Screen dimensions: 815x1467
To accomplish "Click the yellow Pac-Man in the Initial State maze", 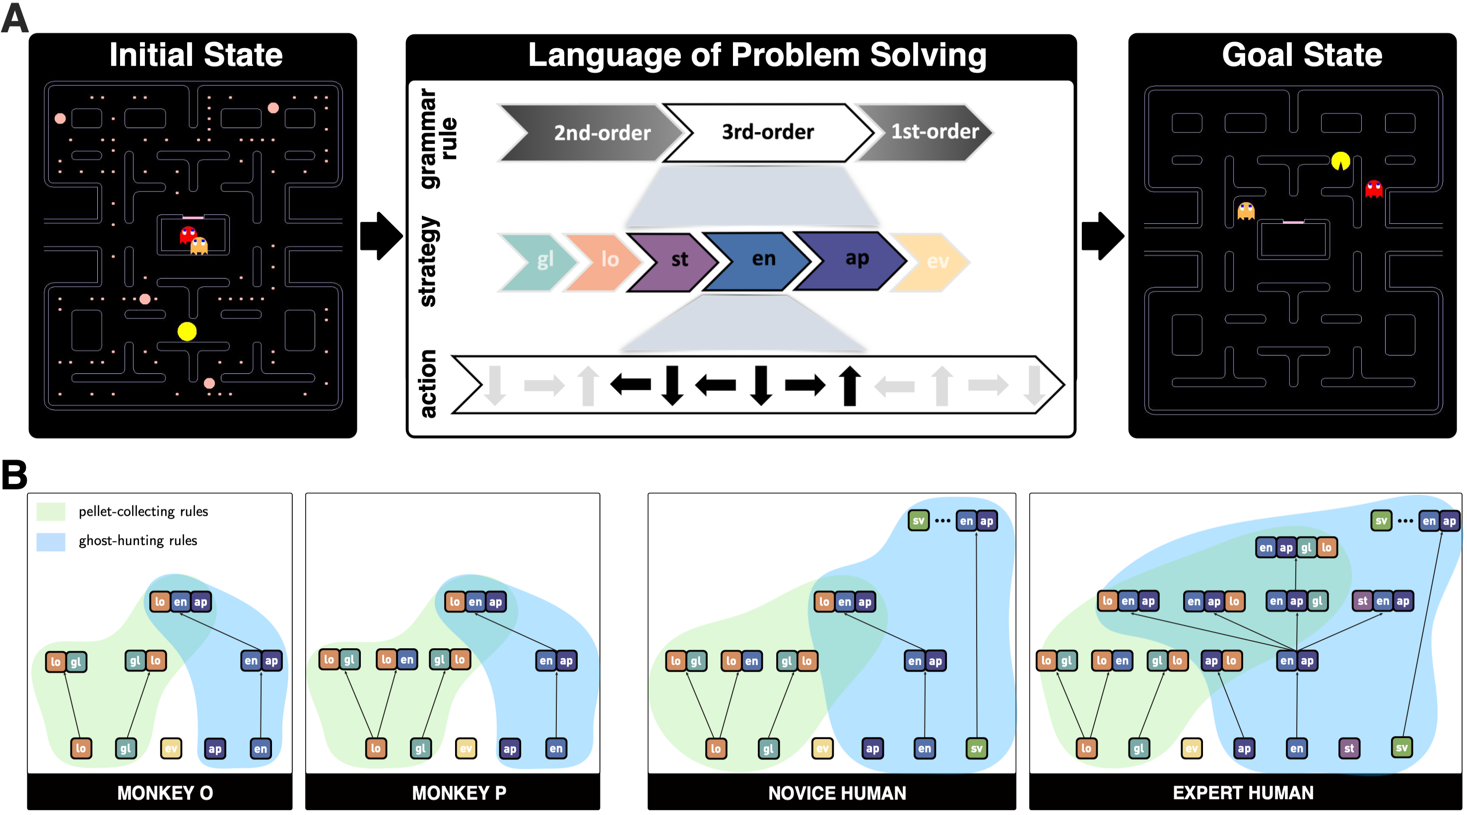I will point(187,331).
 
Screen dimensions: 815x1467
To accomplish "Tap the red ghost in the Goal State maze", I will point(1374,189).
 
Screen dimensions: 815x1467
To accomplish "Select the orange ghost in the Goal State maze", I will point(1246,211).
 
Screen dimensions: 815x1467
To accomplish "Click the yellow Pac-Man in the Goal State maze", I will point(1340,161).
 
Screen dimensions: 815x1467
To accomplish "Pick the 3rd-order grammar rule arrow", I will point(768,132).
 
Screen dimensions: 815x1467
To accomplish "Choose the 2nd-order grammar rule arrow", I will point(598,133).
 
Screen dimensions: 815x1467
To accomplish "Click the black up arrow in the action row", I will point(850,386).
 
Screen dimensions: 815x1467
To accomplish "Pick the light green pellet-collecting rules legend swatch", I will point(51,511).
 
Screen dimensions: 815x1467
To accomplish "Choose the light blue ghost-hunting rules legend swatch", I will point(51,541).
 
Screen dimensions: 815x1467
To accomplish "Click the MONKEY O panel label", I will point(165,792).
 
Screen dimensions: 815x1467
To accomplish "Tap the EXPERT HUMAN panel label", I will point(1243,792).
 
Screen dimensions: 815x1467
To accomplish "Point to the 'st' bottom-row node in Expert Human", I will point(1348,748).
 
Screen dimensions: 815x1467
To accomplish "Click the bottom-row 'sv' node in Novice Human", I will point(976,748).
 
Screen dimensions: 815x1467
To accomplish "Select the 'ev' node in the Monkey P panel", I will point(466,748).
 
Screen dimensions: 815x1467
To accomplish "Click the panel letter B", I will point(14,474).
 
